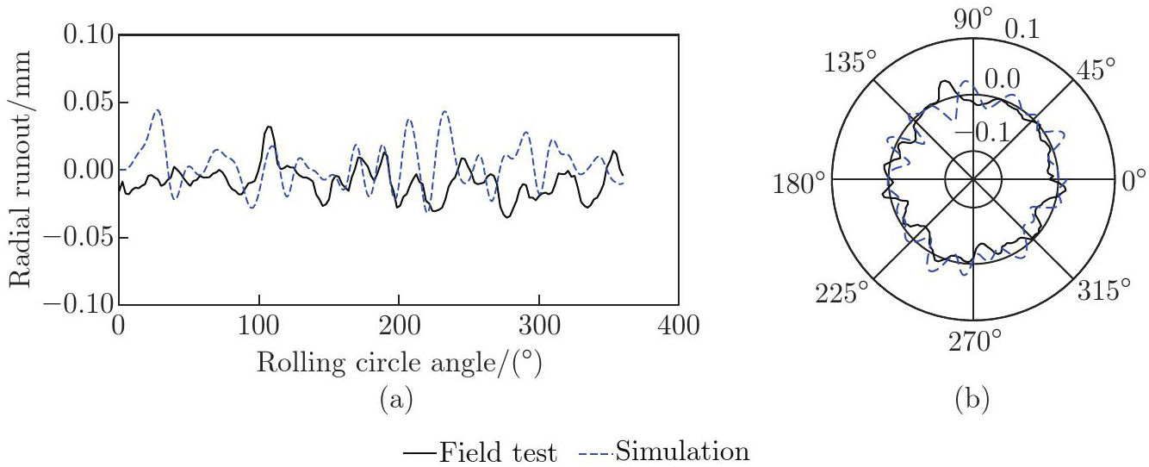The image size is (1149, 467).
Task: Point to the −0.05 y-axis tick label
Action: [81, 237]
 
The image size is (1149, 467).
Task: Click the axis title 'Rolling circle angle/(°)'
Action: [398, 364]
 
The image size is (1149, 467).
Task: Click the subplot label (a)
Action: [398, 399]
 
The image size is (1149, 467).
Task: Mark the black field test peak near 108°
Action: [269, 127]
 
